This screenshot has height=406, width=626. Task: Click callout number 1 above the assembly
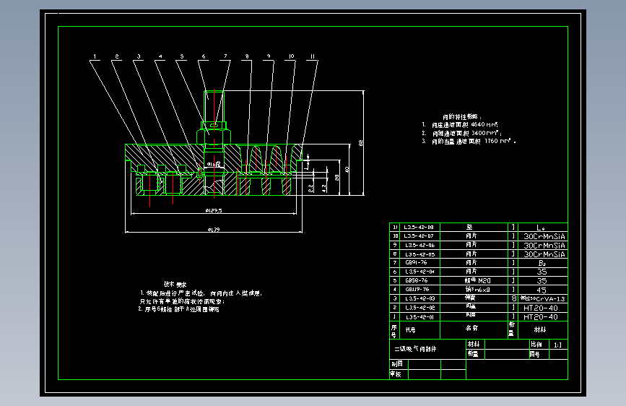coord(94,56)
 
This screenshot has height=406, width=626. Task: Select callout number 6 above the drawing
coord(204,56)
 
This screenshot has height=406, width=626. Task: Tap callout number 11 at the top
coord(312,56)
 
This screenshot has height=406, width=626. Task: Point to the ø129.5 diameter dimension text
coord(212,211)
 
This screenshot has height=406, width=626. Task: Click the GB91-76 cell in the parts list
coord(416,262)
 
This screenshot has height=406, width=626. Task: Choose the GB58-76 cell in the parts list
coord(416,280)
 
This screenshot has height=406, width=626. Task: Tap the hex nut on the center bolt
coord(213,136)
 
